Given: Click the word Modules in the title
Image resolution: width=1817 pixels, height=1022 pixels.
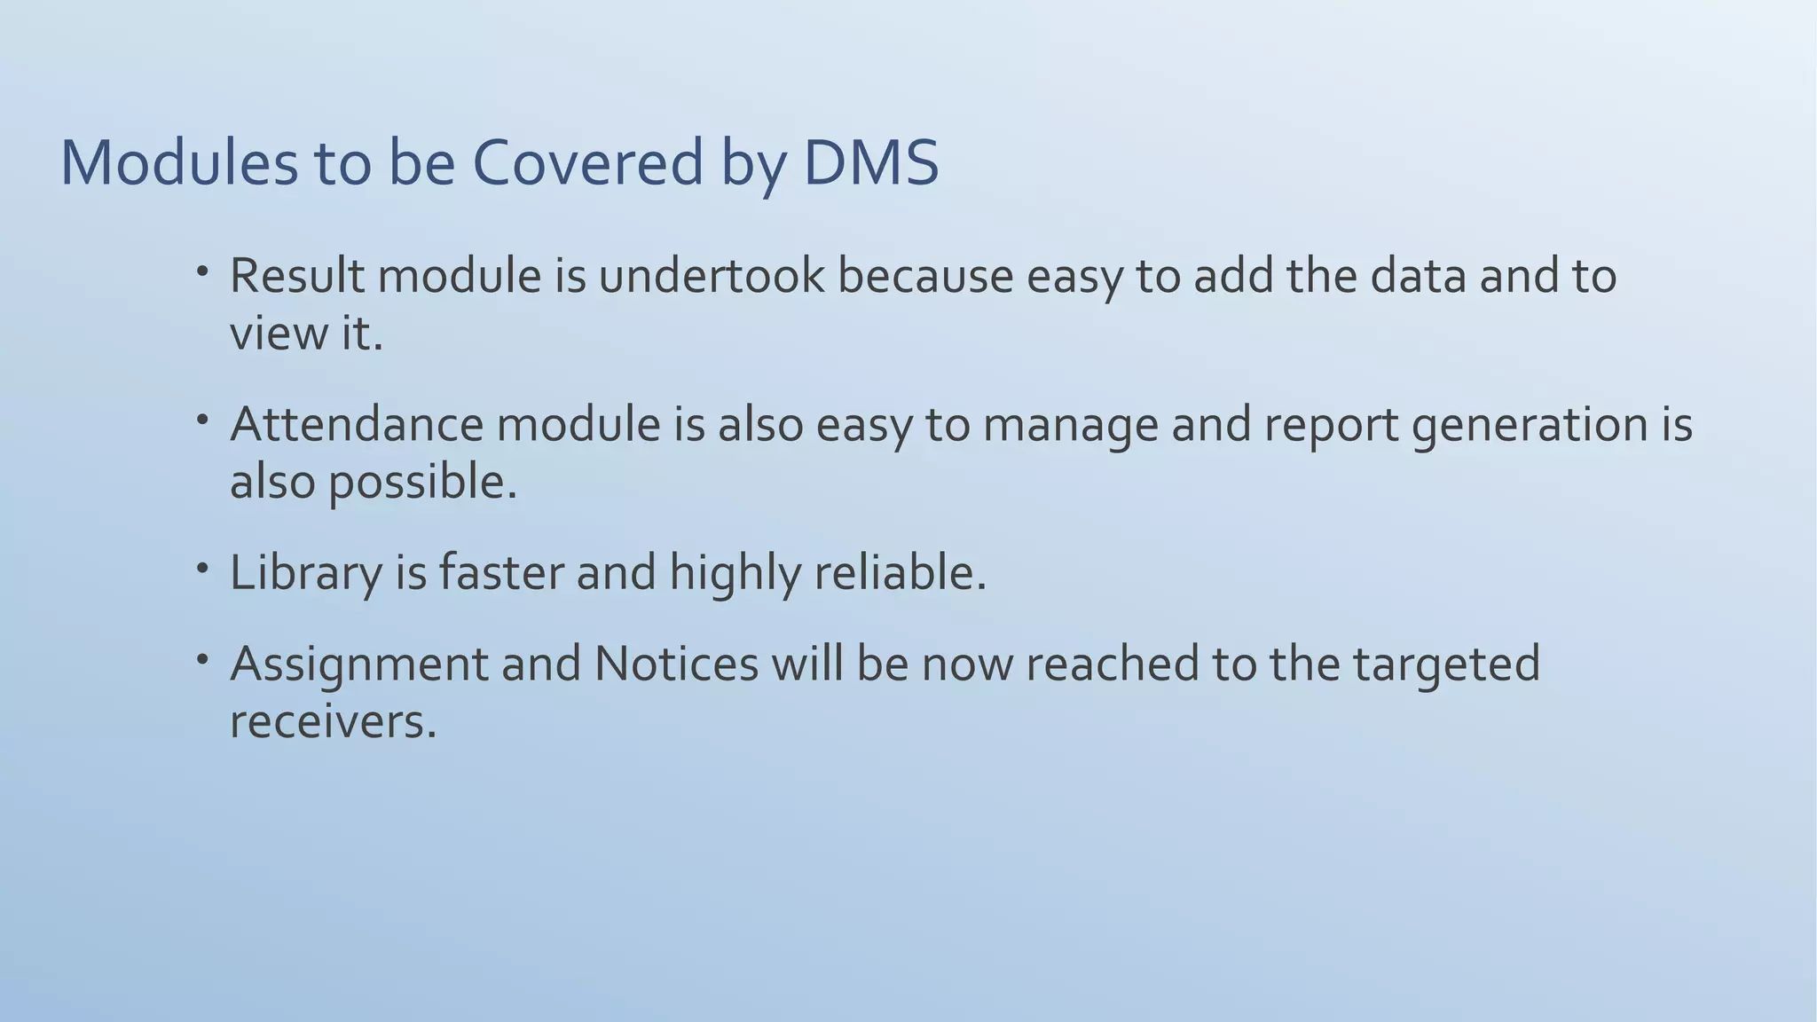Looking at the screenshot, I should tap(178, 163).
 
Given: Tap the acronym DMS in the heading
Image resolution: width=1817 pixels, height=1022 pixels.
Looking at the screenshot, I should tap(870, 163).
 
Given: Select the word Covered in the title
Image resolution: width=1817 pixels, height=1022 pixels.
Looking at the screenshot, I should tap(587, 163).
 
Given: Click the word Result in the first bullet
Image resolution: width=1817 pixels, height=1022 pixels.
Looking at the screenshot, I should tap(296, 276).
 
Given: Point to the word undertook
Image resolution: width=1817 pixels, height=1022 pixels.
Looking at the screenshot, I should tap(712, 276).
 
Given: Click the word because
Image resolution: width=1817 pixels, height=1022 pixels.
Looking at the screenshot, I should tap(924, 276).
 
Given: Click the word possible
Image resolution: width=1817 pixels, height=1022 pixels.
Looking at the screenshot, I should tap(422, 483).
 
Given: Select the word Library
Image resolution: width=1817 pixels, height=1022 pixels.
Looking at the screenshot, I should tap(305, 573).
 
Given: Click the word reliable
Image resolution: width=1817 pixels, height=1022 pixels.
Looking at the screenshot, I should tap(900, 572).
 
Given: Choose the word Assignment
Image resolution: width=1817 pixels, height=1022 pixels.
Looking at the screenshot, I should tap(358, 664).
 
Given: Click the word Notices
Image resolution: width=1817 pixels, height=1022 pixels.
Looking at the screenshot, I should tap(676, 663).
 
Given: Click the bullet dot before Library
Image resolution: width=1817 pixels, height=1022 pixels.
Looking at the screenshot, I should tap(203, 567).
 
